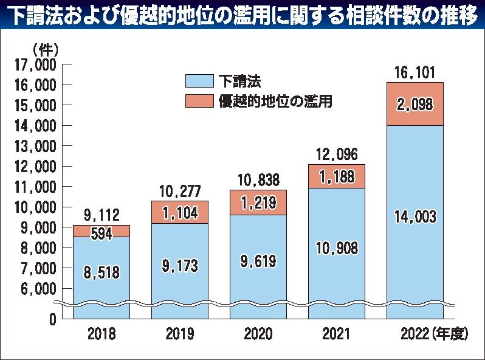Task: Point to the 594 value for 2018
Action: [x=100, y=234]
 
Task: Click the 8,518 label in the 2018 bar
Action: [x=100, y=273]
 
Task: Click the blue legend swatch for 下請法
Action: [x=199, y=80]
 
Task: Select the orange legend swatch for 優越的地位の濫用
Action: [x=199, y=100]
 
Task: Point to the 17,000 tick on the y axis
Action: [x=35, y=64]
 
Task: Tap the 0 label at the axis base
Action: [x=52, y=318]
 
